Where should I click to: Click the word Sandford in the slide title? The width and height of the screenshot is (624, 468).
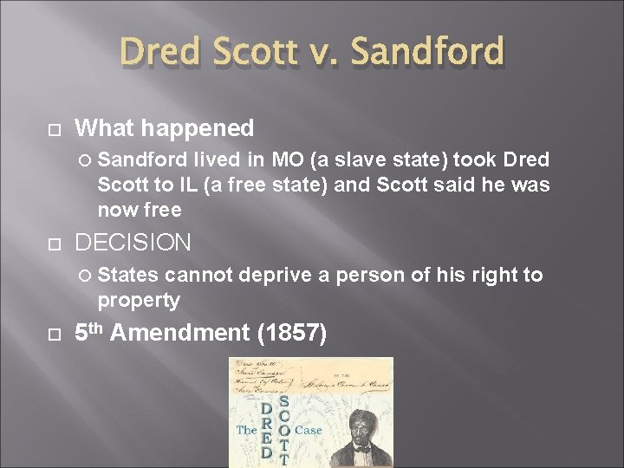pos(428,52)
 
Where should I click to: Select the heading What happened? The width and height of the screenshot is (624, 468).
pos(165,128)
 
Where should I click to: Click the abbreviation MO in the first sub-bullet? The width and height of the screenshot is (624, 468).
pos(288,160)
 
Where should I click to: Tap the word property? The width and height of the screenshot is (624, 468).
pos(139,300)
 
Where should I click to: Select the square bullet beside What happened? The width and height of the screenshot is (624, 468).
pos(54,129)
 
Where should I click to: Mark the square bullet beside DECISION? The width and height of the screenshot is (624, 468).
pos(54,243)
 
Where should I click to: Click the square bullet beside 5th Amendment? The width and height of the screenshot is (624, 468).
pos(54,333)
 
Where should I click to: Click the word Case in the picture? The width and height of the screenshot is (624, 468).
pos(308,430)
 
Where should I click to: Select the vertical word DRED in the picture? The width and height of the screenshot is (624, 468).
pos(267,429)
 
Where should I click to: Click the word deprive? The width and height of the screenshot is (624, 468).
pos(273,276)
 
